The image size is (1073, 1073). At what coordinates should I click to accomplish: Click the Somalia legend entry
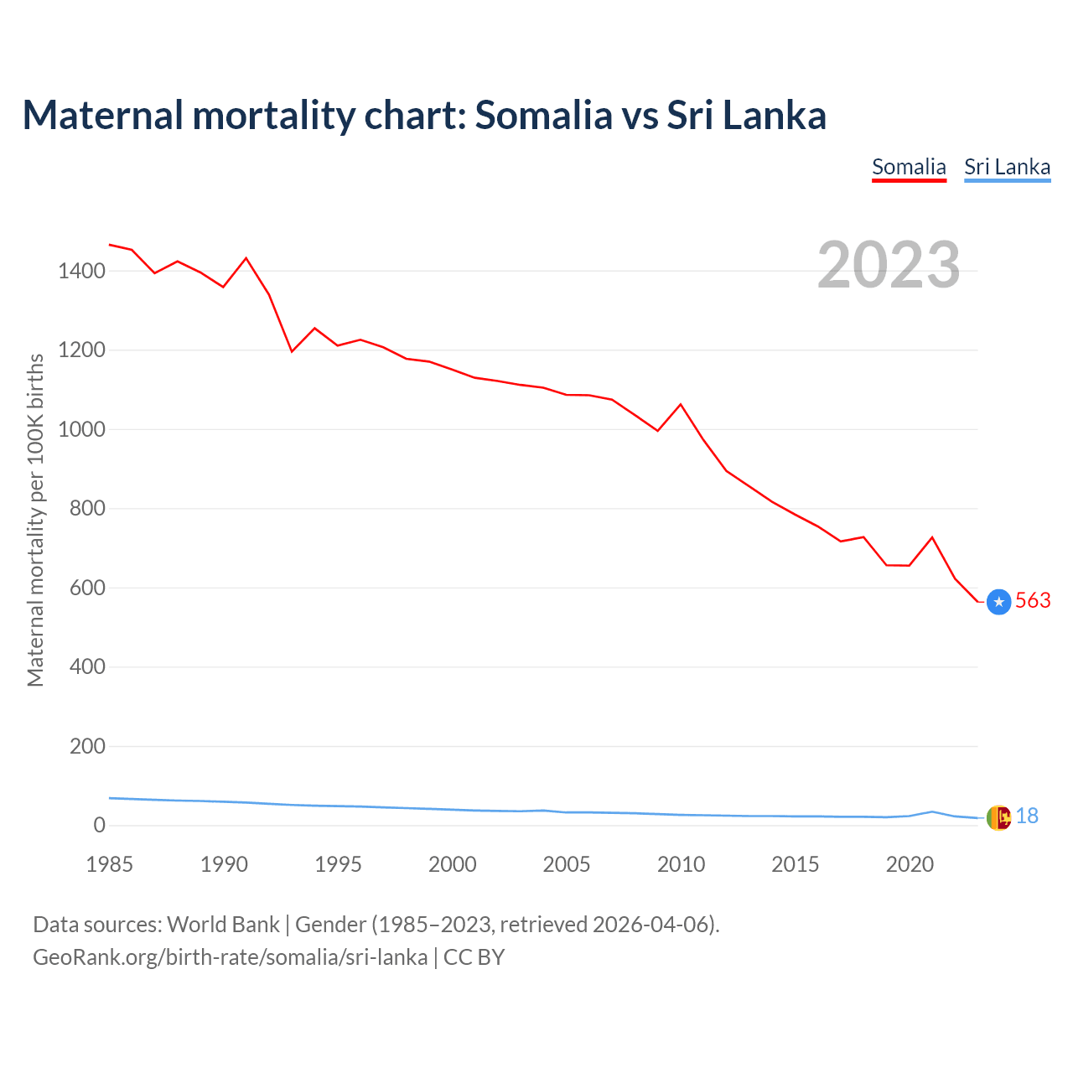point(909,167)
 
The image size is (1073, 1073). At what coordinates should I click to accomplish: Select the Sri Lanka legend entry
point(1007,167)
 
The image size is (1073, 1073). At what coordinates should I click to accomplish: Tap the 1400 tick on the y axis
point(81,271)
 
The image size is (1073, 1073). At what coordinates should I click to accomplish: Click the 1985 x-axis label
point(109,864)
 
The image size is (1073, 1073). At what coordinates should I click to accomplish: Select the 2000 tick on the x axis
point(453,864)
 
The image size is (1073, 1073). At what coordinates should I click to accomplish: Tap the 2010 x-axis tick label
point(681,864)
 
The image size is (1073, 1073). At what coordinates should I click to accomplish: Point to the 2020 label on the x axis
point(910,864)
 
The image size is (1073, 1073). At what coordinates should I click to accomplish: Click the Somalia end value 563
point(1033,601)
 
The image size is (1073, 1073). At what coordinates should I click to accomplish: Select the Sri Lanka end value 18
point(1027,816)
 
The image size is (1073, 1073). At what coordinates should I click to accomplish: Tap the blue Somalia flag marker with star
point(998,602)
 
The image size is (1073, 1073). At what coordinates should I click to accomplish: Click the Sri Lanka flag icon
point(998,817)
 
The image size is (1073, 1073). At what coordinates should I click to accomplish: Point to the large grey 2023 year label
point(889,265)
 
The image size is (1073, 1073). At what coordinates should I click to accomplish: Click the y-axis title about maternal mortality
point(35,520)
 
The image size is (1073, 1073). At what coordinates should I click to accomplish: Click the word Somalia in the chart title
point(543,115)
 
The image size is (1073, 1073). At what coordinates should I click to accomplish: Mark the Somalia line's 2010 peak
point(681,404)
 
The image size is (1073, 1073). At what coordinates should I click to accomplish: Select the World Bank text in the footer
point(223,925)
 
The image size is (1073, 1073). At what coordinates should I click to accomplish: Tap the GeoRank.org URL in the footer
point(230,957)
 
